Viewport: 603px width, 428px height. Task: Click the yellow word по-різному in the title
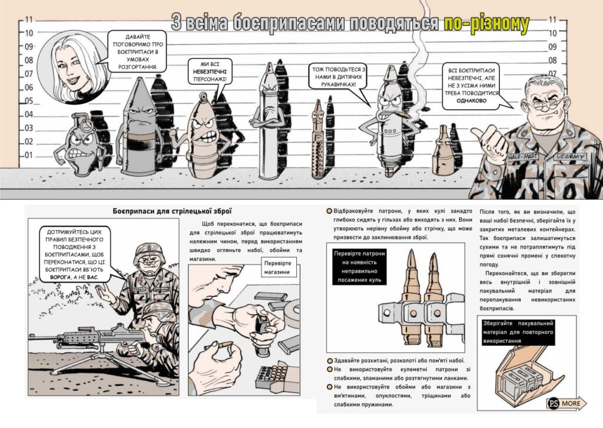coord(486,24)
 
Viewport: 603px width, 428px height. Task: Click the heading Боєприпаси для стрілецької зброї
coord(173,211)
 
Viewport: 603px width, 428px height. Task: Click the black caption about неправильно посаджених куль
coord(359,267)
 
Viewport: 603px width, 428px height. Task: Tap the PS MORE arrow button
coord(566,403)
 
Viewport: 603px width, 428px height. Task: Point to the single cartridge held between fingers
coord(219,346)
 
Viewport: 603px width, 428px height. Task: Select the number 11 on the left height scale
coord(29,19)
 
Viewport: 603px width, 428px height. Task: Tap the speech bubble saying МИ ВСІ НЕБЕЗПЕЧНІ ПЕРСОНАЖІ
coord(210,72)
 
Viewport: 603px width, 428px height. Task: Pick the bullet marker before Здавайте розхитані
coord(330,361)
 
